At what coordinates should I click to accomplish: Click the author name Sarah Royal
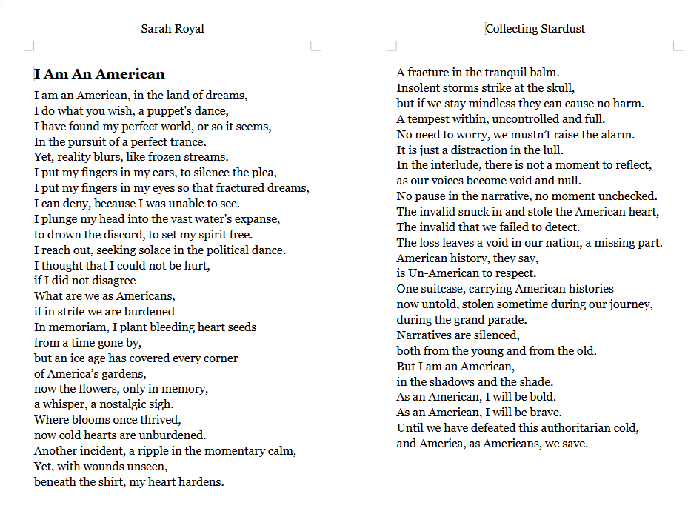pos(173,29)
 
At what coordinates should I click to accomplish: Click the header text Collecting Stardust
pos(535,29)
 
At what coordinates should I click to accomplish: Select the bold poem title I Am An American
pos(99,74)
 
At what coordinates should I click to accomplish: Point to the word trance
pos(188,141)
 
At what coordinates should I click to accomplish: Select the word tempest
pos(430,119)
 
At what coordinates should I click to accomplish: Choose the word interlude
pos(447,165)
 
